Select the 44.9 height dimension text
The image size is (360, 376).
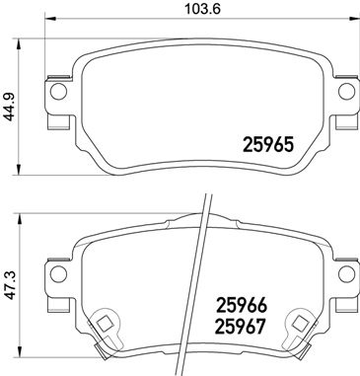(x=11, y=103)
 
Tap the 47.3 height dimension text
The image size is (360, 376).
(x=11, y=293)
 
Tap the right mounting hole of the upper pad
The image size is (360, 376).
(x=346, y=93)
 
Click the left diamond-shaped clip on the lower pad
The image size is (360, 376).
(x=102, y=323)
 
